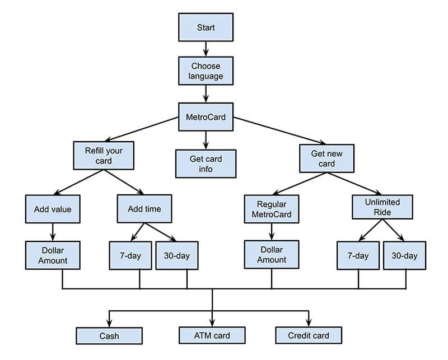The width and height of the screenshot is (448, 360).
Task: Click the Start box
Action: coord(206,27)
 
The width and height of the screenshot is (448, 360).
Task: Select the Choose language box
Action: coord(206,71)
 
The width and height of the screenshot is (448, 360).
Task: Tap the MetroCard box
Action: coord(206,117)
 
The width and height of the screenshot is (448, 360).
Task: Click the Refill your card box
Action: coord(104,156)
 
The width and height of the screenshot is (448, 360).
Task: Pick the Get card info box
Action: coord(206,163)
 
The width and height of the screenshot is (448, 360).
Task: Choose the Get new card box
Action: coord(326,158)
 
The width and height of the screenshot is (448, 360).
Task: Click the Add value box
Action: coord(53,209)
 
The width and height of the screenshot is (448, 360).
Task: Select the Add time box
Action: coord(144,209)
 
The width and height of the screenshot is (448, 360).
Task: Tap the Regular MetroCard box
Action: coord(272,209)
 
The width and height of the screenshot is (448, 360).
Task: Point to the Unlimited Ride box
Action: coord(382,207)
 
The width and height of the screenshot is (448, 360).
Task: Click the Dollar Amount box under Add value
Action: coord(53,255)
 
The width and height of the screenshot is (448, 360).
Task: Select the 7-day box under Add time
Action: coord(130,256)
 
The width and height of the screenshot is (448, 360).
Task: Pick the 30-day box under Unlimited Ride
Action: coord(404,256)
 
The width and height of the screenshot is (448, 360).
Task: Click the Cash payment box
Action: coord(109,335)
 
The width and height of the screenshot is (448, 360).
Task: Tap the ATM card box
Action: coord(212,335)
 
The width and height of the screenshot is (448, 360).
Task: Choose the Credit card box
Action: coord(309,335)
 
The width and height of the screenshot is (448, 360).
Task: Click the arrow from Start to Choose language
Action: coord(206,49)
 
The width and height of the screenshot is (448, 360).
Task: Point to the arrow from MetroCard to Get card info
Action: coord(206,140)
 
